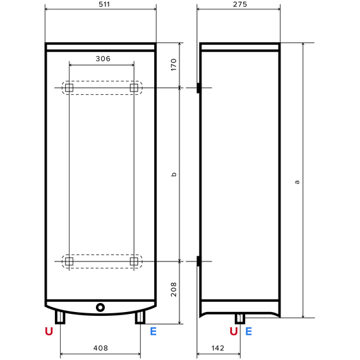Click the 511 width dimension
pyautogui.click(x=104, y=4)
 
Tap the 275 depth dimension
pyautogui.click(x=240, y=4)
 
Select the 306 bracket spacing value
pyautogui.click(x=103, y=59)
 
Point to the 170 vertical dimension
pyautogui.click(x=174, y=65)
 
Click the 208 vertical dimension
pyautogui.click(x=174, y=289)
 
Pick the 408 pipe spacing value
pyautogui.click(x=100, y=348)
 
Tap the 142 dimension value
pyautogui.click(x=218, y=348)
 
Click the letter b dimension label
pyautogui.click(x=174, y=174)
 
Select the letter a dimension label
pyautogui.click(x=297, y=182)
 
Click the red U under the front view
pyautogui.click(x=49, y=332)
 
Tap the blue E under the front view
pyautogui.click(x=153, y=332)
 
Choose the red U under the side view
pyautogui.click(x=234, y=332)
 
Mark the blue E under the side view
pyautogui.click(x=249, y=332)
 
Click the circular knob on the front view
pyautogui.click(x=100, y=308)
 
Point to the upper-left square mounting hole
pyautogui.click(x=69, y=88)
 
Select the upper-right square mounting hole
pyautogui.click(x=134, y=88)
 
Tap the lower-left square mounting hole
pyautogui.click(x=69, y=261)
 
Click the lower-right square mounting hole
pyautogui.click(x=134, y=261)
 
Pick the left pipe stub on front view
pyautogui.click(x=60, y=318)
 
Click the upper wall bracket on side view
pyautogui.click(x=198, y=88)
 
